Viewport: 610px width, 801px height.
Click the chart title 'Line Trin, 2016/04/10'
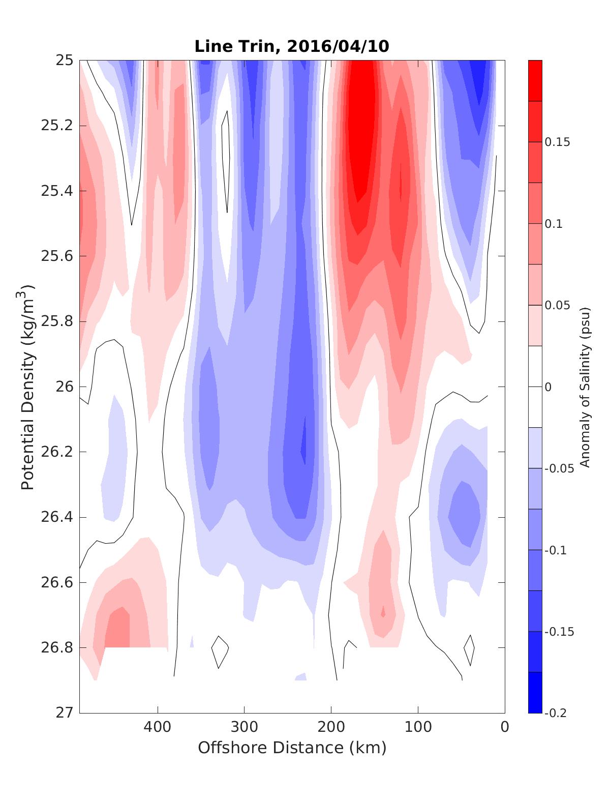292,46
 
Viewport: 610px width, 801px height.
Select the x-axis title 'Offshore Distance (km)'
292,748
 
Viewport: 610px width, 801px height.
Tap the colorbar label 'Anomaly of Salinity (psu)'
585,387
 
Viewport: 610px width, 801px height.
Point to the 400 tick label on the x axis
158,727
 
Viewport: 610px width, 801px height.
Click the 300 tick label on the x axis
245,727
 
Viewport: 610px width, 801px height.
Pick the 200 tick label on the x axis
331,727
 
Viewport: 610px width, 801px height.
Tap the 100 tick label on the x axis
418,727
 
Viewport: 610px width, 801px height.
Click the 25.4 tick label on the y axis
56,191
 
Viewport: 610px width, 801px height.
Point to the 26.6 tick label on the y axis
56,582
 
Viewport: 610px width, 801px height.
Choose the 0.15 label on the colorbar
557,142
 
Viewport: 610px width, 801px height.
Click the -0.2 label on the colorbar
555,713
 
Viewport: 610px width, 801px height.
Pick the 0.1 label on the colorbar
554,224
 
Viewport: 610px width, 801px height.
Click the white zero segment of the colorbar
535,387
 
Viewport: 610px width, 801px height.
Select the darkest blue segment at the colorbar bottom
535,692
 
